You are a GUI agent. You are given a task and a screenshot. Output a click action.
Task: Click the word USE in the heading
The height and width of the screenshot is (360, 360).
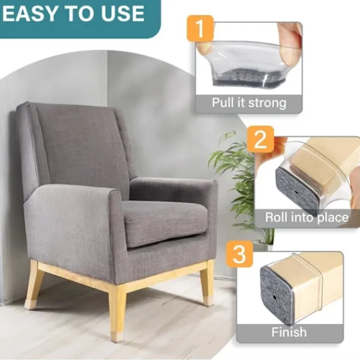click(x=123, y=13)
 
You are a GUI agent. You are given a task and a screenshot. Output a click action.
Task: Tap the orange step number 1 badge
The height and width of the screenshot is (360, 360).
click(x=200, y=28)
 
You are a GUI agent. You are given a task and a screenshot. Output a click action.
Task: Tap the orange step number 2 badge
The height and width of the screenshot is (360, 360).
click(x=260, y=139)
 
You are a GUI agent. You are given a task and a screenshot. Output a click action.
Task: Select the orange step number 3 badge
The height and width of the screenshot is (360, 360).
click(x=239, y=254)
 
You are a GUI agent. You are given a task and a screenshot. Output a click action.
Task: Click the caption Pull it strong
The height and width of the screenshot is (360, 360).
click(x=249, y=103)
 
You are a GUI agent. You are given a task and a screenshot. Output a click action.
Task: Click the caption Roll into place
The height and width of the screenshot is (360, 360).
click(x=307, y=217)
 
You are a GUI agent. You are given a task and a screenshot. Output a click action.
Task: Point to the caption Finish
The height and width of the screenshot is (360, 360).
click(x=289, y=332)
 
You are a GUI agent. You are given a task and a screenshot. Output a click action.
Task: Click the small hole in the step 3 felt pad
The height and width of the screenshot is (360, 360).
click(x=275, y=298)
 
